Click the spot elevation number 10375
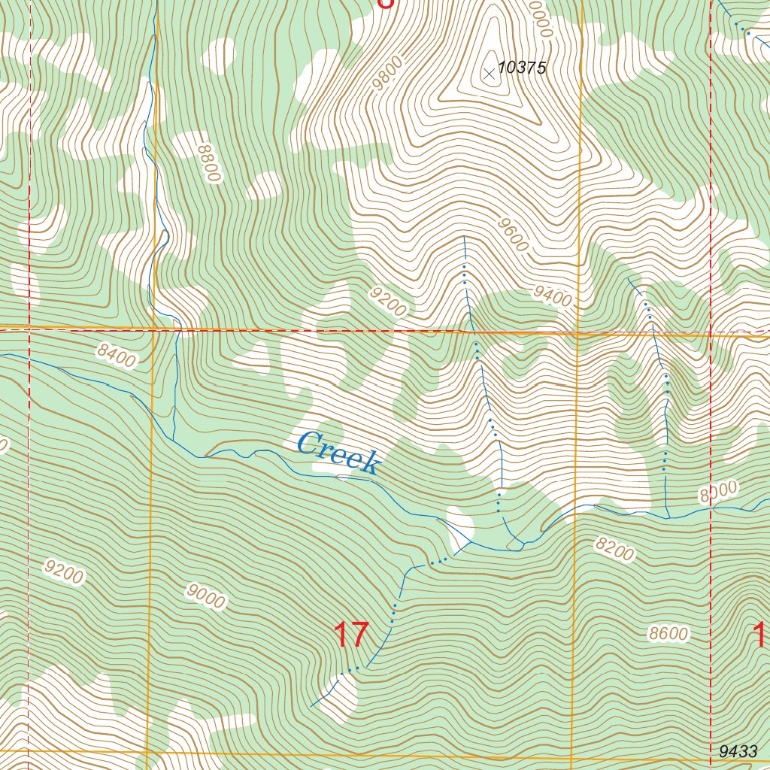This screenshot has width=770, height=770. click(521, 68)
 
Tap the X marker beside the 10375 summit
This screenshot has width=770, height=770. click(490, 73)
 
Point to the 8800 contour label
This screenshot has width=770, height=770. click(208, 162)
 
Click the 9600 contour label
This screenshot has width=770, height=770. click(513, 235)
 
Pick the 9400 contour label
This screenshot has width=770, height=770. click(553, 297)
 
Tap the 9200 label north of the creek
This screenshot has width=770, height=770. click(388, 301)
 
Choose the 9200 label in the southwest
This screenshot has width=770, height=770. click(64, 573)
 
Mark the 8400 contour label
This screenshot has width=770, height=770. click(117, 355)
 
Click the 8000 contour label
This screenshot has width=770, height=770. click(718, 493)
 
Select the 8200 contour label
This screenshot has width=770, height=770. click(614, 550)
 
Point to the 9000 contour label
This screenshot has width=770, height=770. click(206, 597)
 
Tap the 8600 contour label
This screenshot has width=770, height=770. click(668, 634)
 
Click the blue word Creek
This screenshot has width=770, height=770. click(337, 453)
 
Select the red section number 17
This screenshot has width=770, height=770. click(350, 635)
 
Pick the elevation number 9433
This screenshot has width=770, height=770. click(738, 751)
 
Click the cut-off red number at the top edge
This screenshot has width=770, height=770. click(384, 4)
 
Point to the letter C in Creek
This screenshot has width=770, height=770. click(307, 444)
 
